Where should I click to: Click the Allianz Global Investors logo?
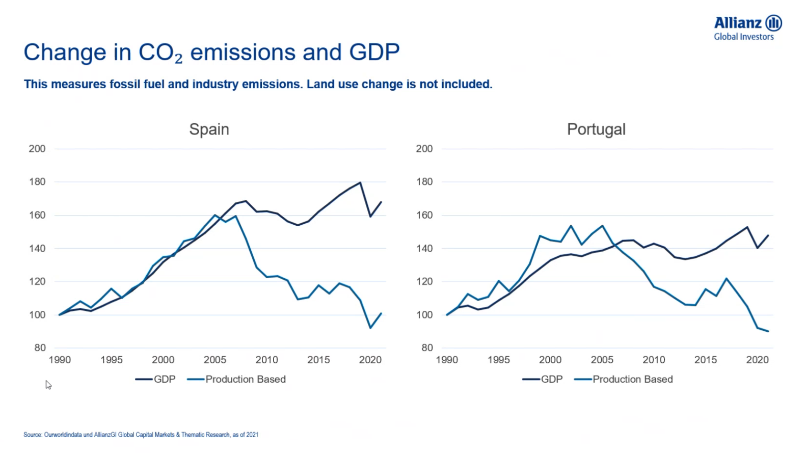pos(747,28)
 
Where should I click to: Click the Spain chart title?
pos(209,129)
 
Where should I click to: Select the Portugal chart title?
pos(596,129)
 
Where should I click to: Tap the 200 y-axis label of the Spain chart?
pos(37,149)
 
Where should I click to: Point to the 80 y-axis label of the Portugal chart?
pos(426,348)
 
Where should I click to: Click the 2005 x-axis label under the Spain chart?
pos(215,360)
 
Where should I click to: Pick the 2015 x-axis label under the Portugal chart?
pos(705,360)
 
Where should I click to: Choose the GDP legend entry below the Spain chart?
pos(155,379)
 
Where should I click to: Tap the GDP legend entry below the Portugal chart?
pos(543,379)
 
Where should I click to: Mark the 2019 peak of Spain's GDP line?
pos(360,182)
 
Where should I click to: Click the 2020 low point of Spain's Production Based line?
pos(370,328)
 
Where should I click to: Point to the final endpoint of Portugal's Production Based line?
pos(768,331)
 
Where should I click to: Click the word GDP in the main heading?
pos(374,52)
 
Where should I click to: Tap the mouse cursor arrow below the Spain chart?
pos(48,384)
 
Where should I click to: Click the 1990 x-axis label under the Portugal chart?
pos(447,360)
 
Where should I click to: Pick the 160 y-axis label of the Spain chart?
pos(37,215)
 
